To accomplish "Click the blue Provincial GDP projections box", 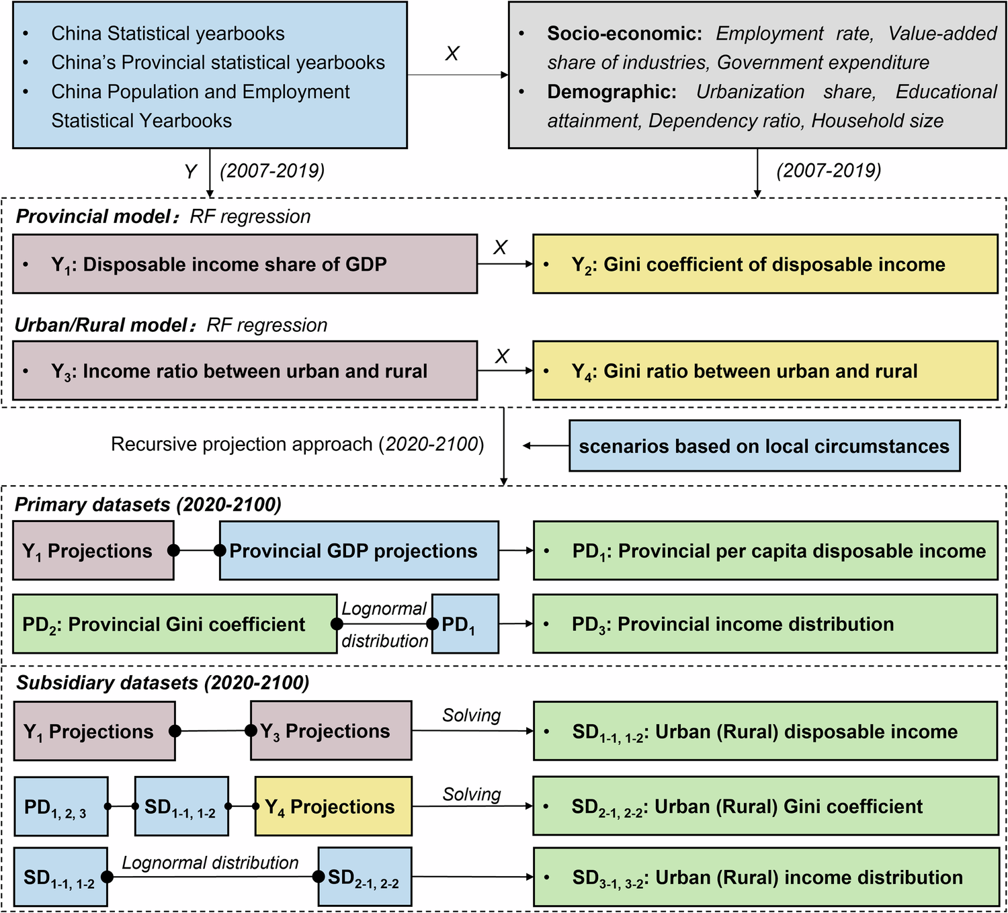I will [x=359, y=551].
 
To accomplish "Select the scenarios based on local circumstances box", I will [x=764, y=446].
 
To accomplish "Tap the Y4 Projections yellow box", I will [x=333, y=806].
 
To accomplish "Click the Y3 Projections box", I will [x=331, y=731].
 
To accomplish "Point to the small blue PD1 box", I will [x=465, y=624].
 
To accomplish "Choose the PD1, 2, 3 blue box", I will [x=60, y=806].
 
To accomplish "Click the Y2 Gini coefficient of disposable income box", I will [x=765, y=264].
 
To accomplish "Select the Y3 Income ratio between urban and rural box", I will [x=245, y=371].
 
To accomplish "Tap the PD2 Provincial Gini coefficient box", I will [x=174, y=624].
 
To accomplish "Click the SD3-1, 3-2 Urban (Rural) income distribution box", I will [x=765, y=877].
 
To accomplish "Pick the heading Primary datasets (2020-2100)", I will [x=148, y=505].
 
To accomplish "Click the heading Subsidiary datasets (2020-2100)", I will [x=163, y=683].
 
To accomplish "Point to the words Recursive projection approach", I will [x=242, y=444].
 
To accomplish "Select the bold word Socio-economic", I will [x=624, y=34].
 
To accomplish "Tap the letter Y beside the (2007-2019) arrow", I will [x=191, y=172].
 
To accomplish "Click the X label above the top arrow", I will [x=452, y=54].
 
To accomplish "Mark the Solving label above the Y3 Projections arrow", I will [x=471, y=715].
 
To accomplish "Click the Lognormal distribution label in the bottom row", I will [x=210, y=863].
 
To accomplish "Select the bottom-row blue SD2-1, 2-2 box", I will [x=364, y=877].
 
